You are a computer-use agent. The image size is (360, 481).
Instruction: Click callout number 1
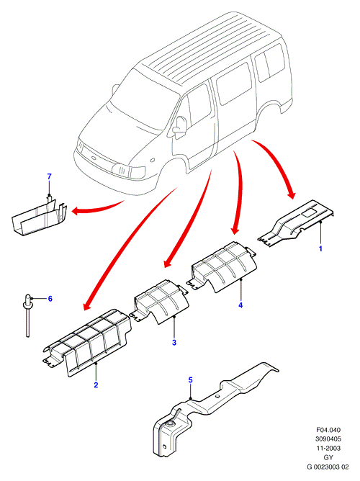click(x=320, y=248)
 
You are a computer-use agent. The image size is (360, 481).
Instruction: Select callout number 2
click(x=96, y=385)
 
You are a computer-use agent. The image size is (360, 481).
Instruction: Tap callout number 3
click(x=174, y=342)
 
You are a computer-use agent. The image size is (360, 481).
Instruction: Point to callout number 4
click(x=240, y=305)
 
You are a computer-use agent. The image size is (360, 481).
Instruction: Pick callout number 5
click(x=190, y=380)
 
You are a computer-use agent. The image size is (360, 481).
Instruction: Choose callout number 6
click(x=50, y=299)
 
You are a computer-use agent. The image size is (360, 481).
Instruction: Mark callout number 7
click(x=50, y=176)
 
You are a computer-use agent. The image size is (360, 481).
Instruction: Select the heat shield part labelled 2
click(x=87, y=342)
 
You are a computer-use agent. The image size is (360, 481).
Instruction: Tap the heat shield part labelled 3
click(x=159, y=301)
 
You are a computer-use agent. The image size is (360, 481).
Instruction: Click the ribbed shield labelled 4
click(x=223, y=266)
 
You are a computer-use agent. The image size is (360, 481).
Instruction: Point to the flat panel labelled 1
click(x=296, y=222)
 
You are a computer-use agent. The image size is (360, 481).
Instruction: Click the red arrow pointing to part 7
click(x=97, y=209)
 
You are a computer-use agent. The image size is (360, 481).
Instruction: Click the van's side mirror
click(x=179, y=126)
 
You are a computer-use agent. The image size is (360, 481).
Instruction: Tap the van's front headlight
click(x=128, y=171)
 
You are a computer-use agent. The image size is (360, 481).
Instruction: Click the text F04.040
click(x=328, y=430)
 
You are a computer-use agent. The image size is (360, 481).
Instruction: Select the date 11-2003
click(x=328, y=448)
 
